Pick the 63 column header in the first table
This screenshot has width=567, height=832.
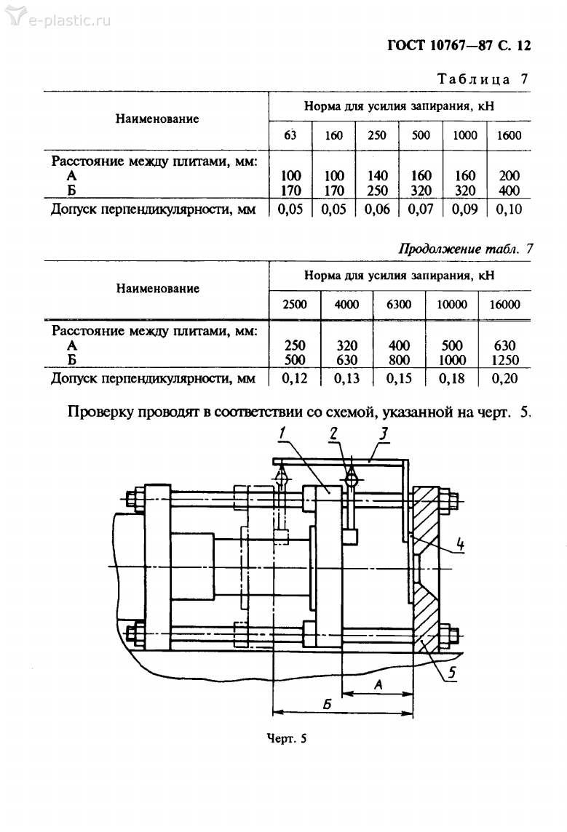point(290,135)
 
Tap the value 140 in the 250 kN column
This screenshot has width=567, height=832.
point(377,176)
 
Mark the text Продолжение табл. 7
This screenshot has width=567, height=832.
point(467,249)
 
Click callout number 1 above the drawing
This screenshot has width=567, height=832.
point(282,434)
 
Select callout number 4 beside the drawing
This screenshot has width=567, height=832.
point(461,543)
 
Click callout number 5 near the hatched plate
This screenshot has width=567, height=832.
point(451,673)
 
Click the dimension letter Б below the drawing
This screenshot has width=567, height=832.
point(327,705)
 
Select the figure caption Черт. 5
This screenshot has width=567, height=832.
point(287,739)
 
